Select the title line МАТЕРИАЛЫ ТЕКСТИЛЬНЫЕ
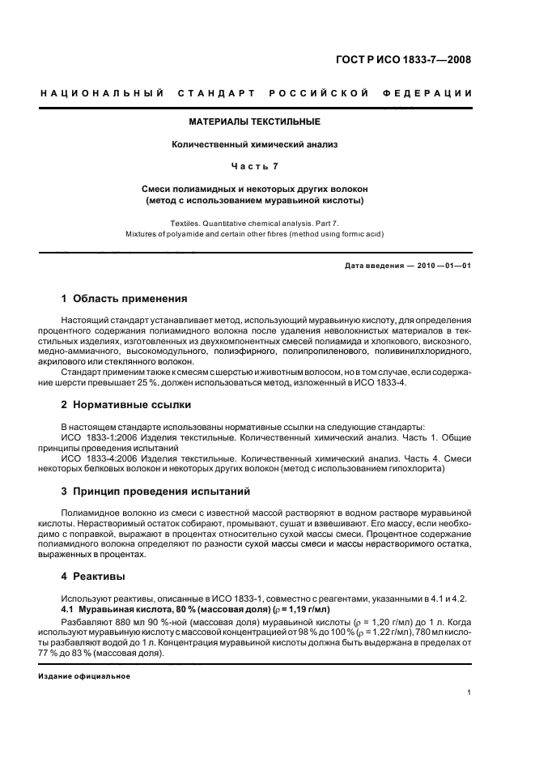255,121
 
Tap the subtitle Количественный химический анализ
255,145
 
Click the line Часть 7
255,168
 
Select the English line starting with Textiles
255,222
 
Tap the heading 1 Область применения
125,299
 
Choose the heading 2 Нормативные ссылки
127,404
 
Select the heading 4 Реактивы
94,577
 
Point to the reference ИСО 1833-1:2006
95,437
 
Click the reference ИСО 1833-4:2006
95,458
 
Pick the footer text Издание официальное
84,675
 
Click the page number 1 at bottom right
470,692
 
